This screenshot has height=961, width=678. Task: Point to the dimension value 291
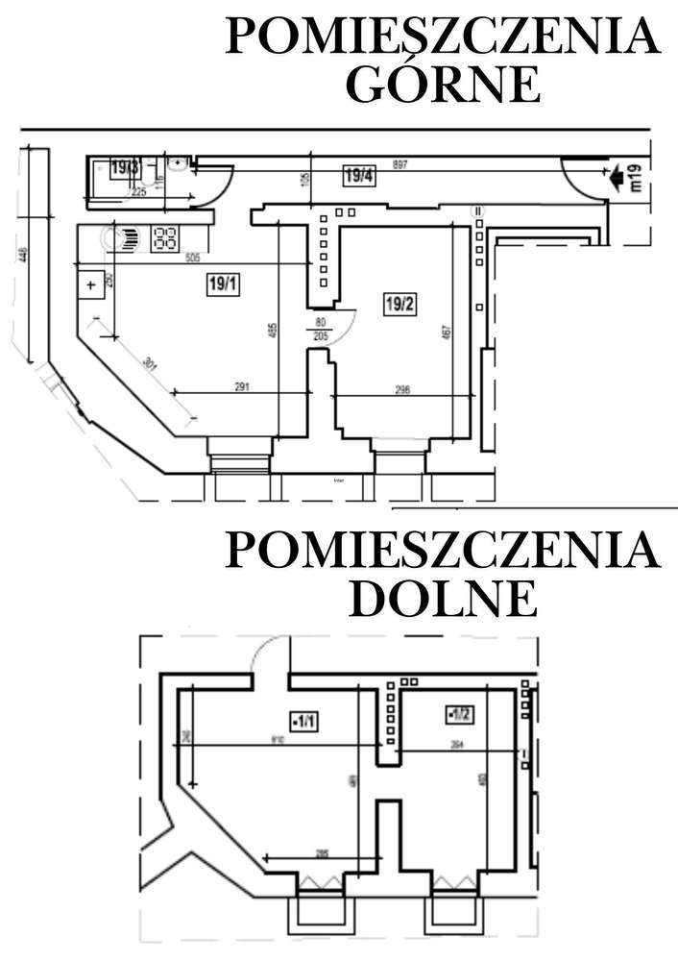click(x=241, y=387)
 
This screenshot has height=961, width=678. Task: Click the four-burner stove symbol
click(x=164, y=236)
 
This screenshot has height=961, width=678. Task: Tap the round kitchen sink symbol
click(x=127, y=236)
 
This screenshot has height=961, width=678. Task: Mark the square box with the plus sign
click(x=90, y=285)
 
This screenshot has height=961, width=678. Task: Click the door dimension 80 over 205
click(x=318, y=329)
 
